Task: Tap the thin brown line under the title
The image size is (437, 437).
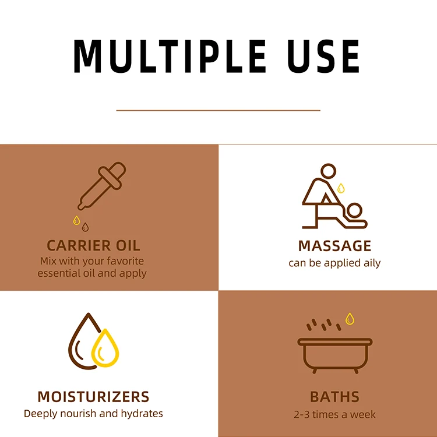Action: pyautogui.click(x=218, y=110)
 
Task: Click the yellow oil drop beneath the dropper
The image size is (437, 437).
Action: pyautogui.click(x=75, y=220)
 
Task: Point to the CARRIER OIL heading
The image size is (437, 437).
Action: pyautogui.click(x=93, y=245)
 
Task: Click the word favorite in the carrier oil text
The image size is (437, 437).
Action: pyautogui.click(x=121, y=260)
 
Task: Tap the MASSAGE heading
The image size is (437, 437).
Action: pyautogui.click(x=334, y=245)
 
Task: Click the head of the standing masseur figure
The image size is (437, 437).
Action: pyautogui.click(x=329, y=171)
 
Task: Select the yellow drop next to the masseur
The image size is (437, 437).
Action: pyautogui.click(x=341, y=188)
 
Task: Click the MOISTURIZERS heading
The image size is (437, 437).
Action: pyautogui.click(x=93, y=397)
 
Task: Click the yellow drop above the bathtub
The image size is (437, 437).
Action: pyautogui.click(x=350, y=318)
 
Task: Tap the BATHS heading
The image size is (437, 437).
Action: pyautogui.click(x=334, y=397)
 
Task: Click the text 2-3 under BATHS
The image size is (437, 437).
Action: pyautogui.click(x=303, y=415)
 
